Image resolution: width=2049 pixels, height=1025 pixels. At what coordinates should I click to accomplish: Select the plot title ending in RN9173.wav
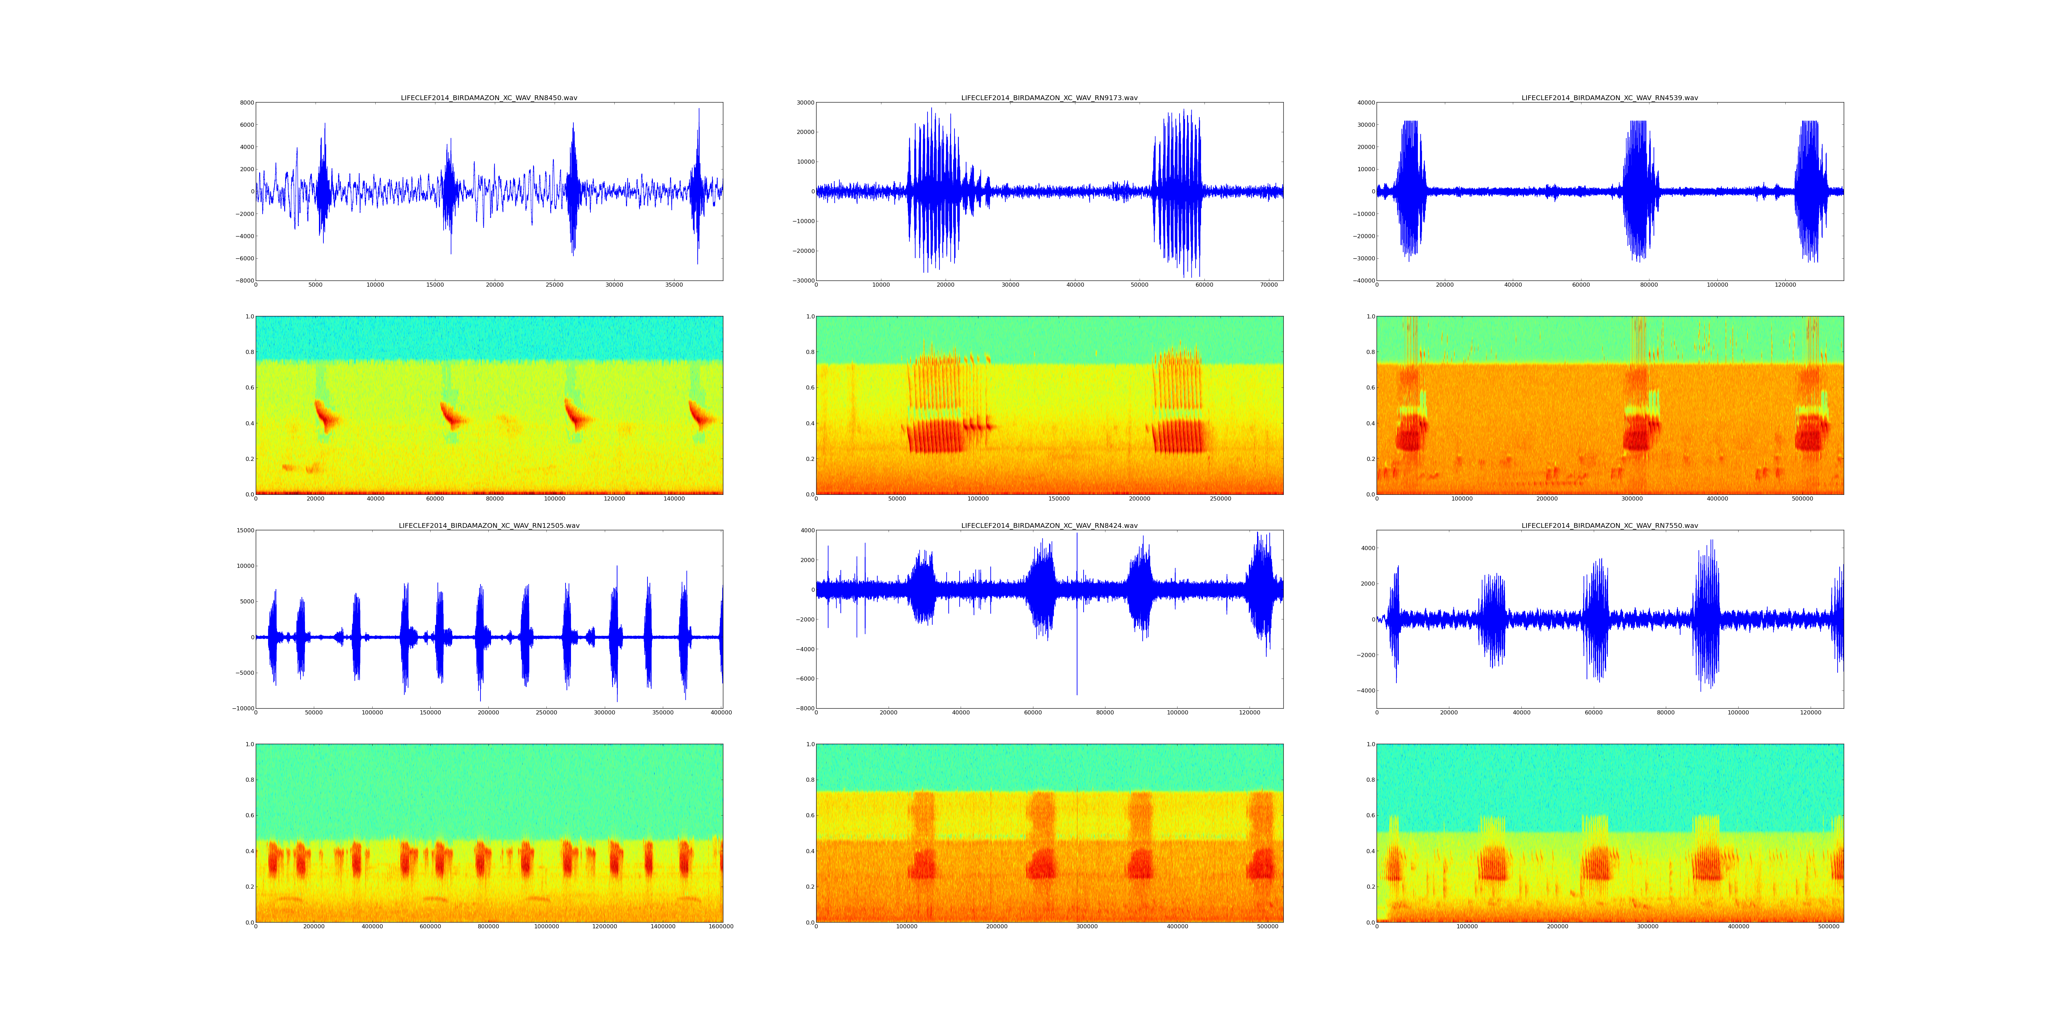point(1049,98)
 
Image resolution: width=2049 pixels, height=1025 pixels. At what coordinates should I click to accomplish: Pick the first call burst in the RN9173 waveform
point(938,191)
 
